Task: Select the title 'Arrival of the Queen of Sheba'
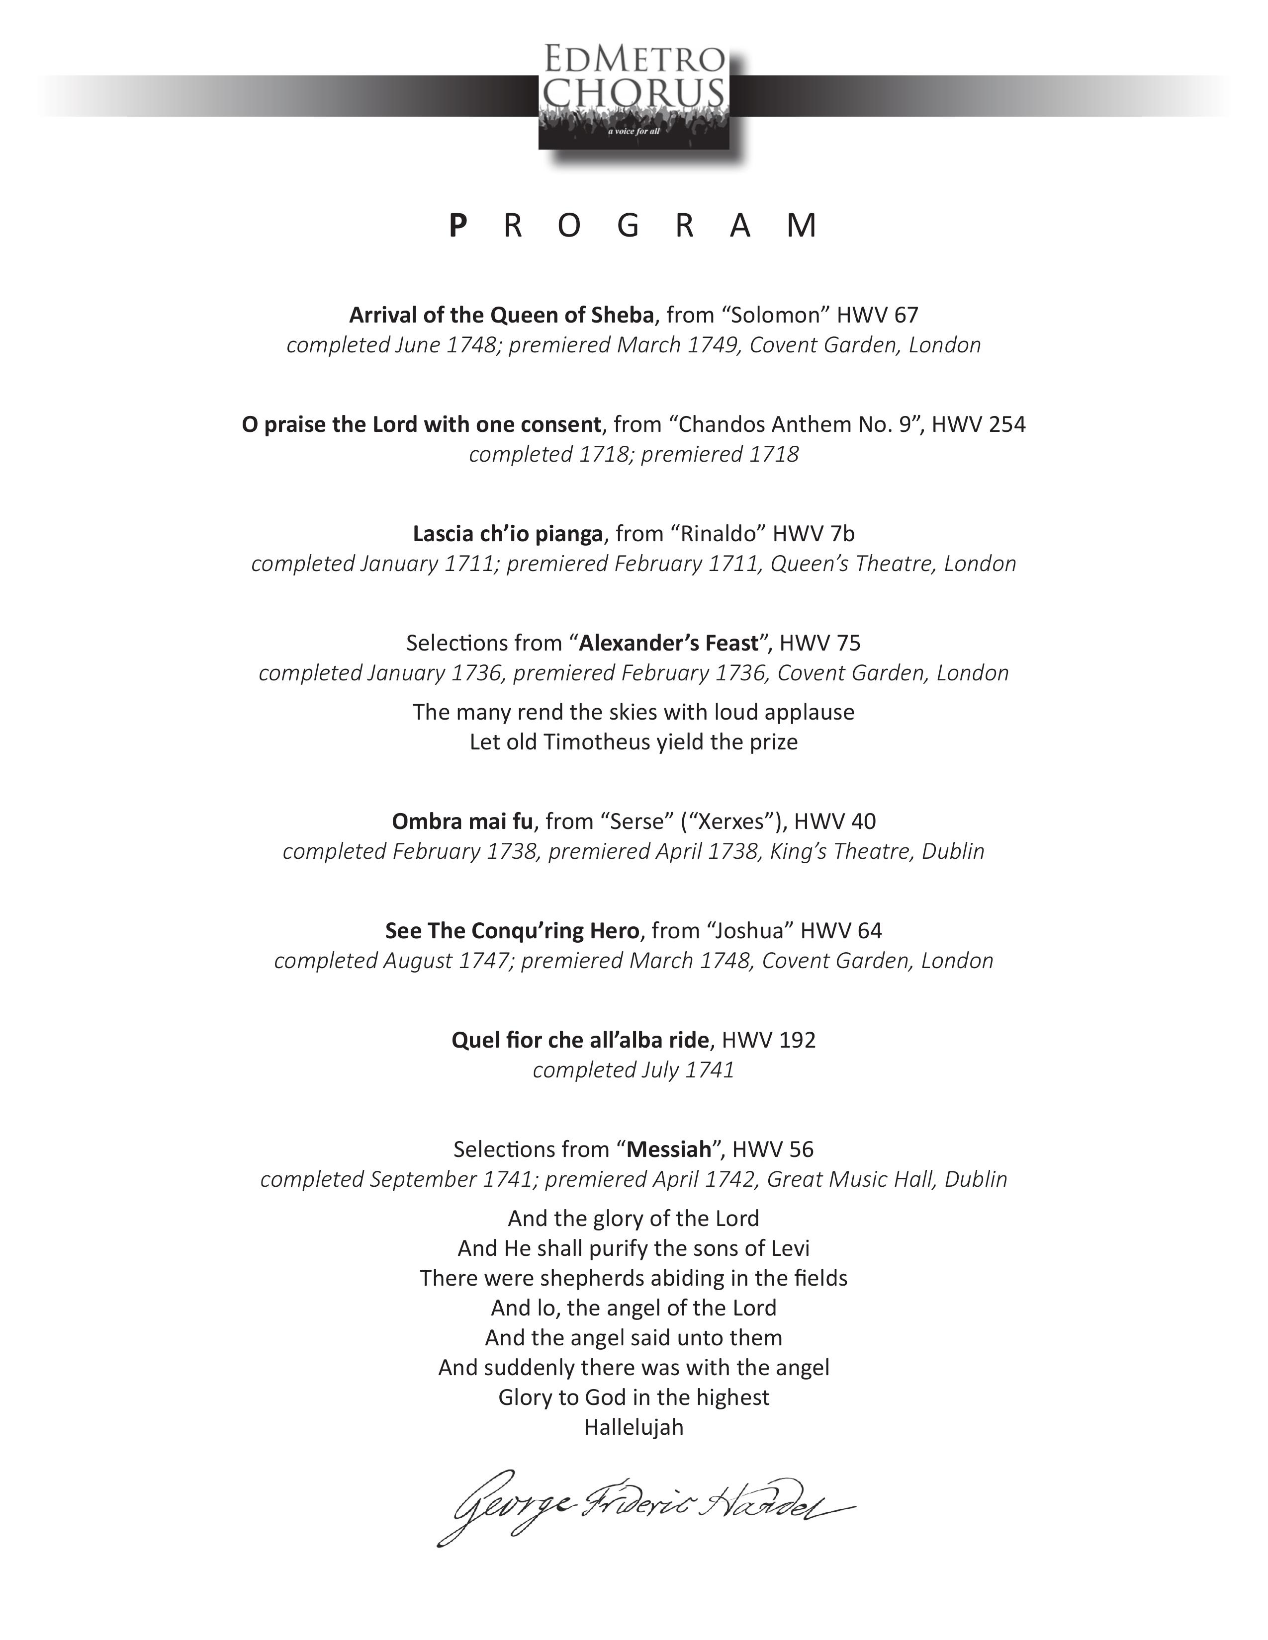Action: pos(502,315)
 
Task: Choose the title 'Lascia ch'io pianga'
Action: pos(508,534)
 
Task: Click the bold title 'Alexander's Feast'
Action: pos(668,643)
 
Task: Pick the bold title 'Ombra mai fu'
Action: pos(462,821)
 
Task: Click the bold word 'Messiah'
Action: pos(668,1149)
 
